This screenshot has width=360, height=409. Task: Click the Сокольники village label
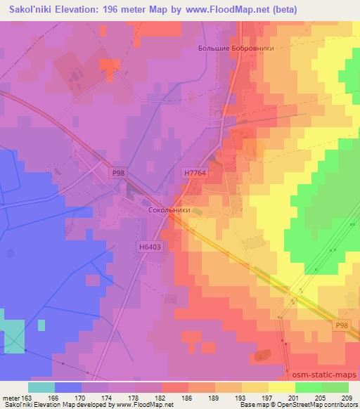pos(167,210)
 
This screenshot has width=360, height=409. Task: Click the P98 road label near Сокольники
pos(119,171)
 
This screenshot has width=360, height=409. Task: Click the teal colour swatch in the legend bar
pos(41,387)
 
